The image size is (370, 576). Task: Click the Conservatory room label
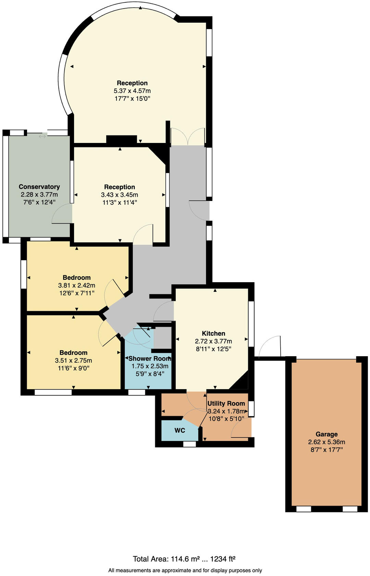pos(39,187)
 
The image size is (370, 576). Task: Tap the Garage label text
pos(326,434)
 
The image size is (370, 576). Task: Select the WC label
pos(180,430)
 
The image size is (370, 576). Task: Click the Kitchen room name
pos(213,333)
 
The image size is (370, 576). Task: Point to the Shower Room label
pos(149,359)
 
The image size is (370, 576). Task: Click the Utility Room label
pos(226,404)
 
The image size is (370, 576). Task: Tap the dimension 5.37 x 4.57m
pos(132,91)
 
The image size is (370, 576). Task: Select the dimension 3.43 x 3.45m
pos(120,195)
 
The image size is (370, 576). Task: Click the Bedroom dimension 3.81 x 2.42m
pos(77,285)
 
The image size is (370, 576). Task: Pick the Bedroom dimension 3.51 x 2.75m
pos(73,360)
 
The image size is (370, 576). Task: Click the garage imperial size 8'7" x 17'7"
pos(326,449)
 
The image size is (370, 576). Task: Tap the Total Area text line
pos(184,559)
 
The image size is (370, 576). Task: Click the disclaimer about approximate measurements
pos(185,571)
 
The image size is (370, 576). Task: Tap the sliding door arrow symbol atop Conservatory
pos(42,136)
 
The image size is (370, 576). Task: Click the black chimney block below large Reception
pos(121,140)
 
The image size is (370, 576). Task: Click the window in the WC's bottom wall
pos(189,444)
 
